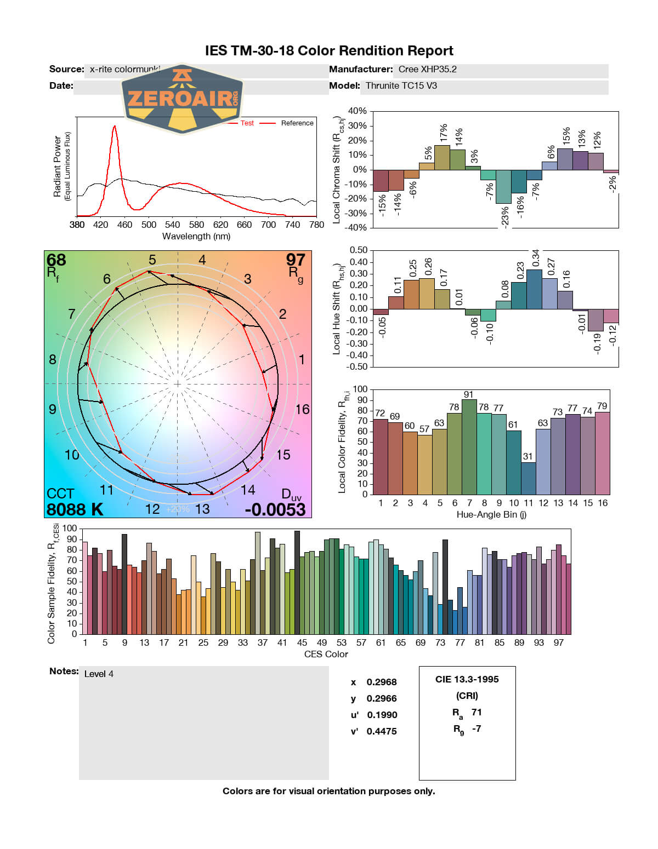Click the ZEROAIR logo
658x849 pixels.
tap(181, 99)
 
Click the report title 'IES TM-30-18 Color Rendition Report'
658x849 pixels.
tap(329, 51)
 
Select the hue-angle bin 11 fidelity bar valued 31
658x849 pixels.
tap(528, 478)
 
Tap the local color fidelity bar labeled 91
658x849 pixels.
tap(469, 446)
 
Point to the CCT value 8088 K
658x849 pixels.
tap(75, 509)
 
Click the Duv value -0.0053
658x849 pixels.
tap(275, 509)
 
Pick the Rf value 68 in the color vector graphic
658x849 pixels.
tap(56, 260)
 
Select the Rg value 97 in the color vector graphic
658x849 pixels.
tap(296, 260)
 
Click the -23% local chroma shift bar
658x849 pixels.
tap(503, 187)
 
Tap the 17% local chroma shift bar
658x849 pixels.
tap(442, 157)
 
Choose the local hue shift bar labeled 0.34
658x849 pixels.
tap(534, 289)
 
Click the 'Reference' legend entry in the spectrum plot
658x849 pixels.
tap(297, 123)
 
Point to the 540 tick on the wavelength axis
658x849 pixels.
tap(172, 225)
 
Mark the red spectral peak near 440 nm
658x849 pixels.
tap(114, 127)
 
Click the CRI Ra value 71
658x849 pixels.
tap(477, 712)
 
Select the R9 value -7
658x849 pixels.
tap(477, 728)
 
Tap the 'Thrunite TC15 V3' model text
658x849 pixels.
tap(401, 85)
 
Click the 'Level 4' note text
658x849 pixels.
tap(99, 674)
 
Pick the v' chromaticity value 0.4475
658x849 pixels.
tap(382, 731)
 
